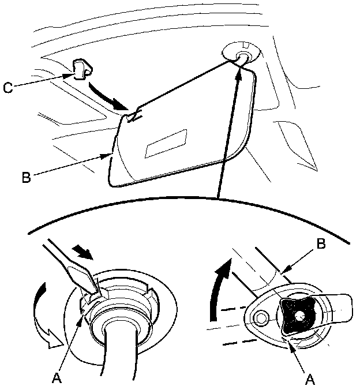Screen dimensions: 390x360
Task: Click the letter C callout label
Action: pos(9,88)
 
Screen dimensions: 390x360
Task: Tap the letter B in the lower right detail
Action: pos(321,244)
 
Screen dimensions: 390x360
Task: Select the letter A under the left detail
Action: pos(57,378)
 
